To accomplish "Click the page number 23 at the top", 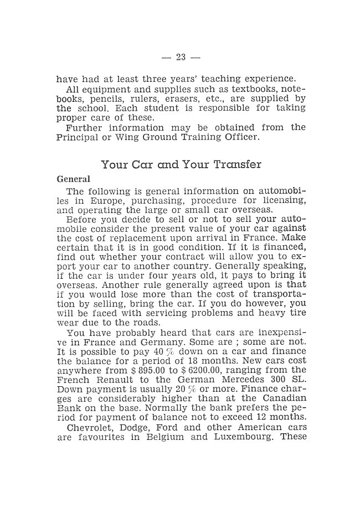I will point(180,57).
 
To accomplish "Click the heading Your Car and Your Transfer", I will point(181,164).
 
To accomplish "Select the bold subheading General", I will point(73,180).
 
